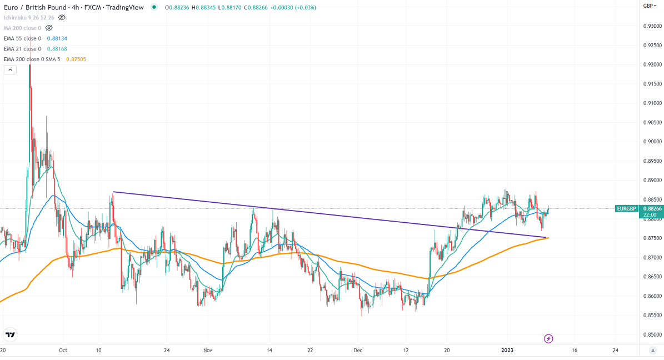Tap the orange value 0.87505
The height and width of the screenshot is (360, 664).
pyautogui.click(x=76, y=59)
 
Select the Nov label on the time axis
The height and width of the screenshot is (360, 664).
pyautogui.click(x=208, y=351)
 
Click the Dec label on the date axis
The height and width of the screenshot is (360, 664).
pyautogui.click(x=358, y=351)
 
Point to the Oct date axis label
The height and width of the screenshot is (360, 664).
pyautogui.click(x=63, y=351)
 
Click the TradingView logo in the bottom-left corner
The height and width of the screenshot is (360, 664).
pyautogui.click(x=10, y=335)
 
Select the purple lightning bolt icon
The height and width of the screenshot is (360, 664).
pyautogui.click(x=548, y=338)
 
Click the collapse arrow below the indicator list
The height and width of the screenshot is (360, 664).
pyautogui.click(x=9, y=70)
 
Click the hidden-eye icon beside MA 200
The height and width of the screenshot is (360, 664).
pyautogui.click(x=49, y=28)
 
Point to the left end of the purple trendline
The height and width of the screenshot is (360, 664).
pyautogui.click(x=113, y=192)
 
